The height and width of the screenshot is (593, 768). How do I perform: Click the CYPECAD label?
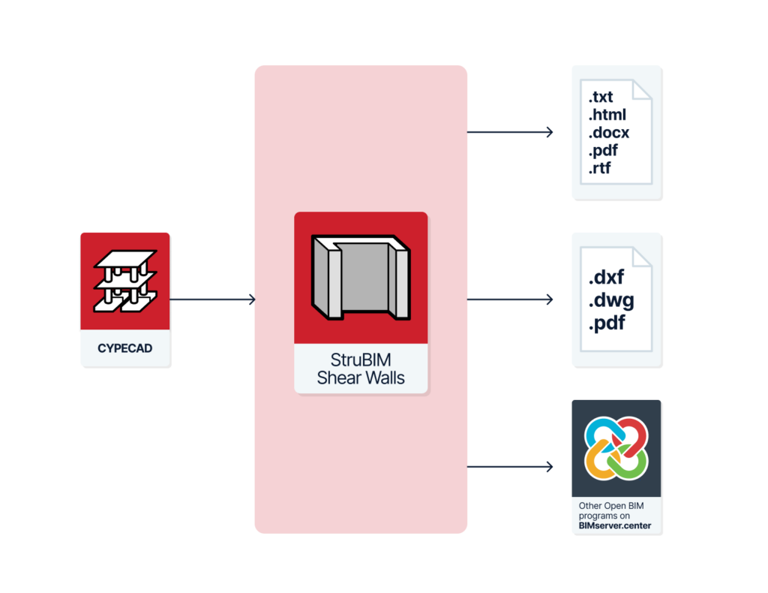point(125,348)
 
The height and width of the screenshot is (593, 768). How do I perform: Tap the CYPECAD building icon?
point(125,281)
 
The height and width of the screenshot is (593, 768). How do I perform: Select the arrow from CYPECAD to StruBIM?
point(212,299)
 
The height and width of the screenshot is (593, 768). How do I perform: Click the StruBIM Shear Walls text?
point(361,369)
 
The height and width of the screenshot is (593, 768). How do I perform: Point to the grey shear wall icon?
point(361,278)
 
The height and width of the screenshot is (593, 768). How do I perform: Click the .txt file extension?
point(601,97)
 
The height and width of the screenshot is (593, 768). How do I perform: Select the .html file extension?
point(607,114)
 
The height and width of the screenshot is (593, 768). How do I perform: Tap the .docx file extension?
point(609,132)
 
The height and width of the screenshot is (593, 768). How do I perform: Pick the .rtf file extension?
point(599,168)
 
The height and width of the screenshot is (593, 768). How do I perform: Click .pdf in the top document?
point(603,150)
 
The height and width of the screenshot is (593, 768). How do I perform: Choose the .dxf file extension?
point(606,278)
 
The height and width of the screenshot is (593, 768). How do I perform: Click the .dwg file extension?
point(611,300)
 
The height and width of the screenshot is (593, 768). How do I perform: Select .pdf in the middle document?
point(607,323)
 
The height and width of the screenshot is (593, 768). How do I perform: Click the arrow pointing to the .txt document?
point(510,132)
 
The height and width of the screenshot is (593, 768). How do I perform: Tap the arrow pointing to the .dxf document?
point(510,299)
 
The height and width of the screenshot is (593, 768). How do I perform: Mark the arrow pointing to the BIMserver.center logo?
point(510,467)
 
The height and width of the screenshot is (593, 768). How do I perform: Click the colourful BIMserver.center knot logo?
point(616,448)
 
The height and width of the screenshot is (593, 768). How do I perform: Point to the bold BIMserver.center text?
point(615,526)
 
